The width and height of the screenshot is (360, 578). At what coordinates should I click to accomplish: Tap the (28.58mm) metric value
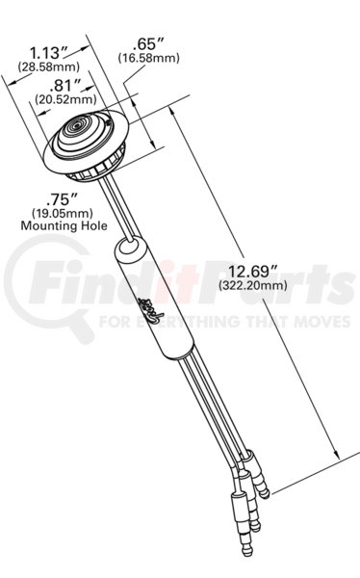click(49, 66)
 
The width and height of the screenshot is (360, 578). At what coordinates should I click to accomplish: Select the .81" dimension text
click(64, 86)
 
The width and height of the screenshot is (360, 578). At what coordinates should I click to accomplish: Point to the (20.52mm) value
click(65, 99)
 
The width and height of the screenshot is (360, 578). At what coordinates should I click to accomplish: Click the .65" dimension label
click(148, 45)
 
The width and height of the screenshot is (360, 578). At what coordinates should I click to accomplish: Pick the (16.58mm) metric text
click(148, 58)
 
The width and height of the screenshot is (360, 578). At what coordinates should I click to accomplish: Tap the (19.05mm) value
click(63, 213)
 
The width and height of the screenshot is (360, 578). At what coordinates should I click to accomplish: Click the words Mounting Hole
click(64, 225)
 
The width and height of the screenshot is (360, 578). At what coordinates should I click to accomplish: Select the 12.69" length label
click(253, 272)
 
